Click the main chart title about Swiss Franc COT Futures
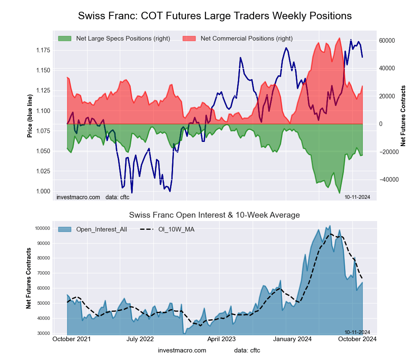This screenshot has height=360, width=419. click(x=215, y=16)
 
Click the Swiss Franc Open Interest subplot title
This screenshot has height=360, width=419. click(x=214, y=215)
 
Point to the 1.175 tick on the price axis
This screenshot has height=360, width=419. click(x=42, y=51)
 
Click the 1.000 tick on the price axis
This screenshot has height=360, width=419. click(x=42, y=191)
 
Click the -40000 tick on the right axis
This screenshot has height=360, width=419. click(x=388, y=179)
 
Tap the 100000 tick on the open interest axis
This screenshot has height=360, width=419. click(x=42, y=228)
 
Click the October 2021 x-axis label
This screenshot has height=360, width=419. click(x=71, y=339)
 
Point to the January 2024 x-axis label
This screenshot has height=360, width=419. click(x=292, y=339)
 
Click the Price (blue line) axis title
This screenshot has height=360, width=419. click(x=30, y=116)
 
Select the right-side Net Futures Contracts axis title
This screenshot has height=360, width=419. click(x=403, y=116)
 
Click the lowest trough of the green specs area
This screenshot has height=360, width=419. click(x=339, y=193)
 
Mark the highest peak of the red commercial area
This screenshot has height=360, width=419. click(x=339, y=38)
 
